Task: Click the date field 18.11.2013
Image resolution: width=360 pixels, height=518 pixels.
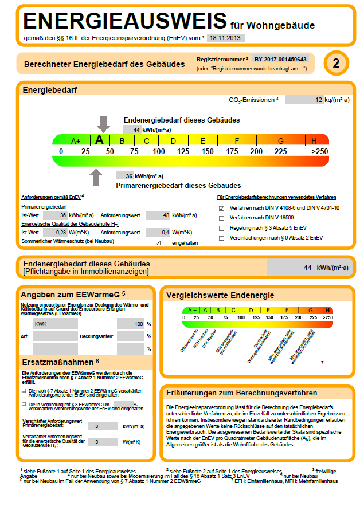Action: tap(225, 38)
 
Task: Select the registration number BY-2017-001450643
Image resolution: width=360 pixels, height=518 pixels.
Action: tap(280, 59)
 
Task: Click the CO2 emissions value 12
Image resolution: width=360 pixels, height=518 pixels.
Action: tap(304, 100)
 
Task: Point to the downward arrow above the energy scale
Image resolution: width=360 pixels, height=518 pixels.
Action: tap(103, 123)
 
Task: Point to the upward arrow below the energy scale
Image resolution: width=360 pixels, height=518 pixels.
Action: tap(96, 177)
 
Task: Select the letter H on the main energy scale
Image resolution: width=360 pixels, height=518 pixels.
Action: tap(314, 140)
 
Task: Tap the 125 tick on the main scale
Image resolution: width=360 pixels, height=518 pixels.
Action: tap(183, 151)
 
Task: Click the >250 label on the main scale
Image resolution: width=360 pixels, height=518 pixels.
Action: tap(319, 151)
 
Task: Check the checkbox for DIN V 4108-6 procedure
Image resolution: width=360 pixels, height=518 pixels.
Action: tap(222, 208)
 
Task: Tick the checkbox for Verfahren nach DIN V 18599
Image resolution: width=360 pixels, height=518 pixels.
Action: tap(222, 218)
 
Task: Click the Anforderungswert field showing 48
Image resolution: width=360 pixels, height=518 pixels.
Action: tap(158, 215)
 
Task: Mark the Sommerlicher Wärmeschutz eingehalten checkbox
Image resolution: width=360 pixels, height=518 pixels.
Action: tap(158, 243)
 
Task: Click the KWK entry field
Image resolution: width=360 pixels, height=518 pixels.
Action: tap(55, 324)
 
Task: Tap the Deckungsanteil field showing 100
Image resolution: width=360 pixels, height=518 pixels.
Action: tap(131, 324)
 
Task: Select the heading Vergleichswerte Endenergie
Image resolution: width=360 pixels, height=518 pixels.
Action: tap(220, 295)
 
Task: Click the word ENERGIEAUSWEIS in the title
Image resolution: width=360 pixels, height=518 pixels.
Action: tap(124, 21)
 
